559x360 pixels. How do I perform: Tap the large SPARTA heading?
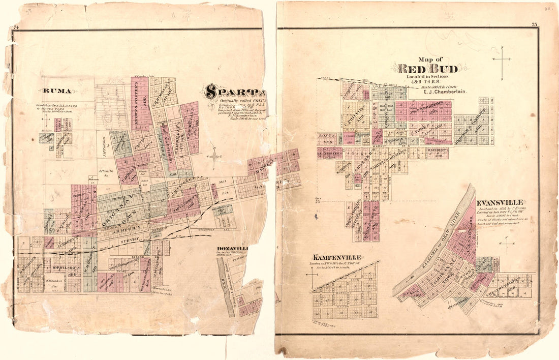(235, 92)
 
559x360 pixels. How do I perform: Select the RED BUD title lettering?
(428, 69)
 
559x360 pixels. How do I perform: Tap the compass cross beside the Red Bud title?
(502, 60)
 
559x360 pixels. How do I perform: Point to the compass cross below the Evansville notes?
(508, 244)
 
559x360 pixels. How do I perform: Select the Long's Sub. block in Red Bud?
(326, 137)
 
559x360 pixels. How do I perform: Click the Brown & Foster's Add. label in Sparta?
(139, 102)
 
